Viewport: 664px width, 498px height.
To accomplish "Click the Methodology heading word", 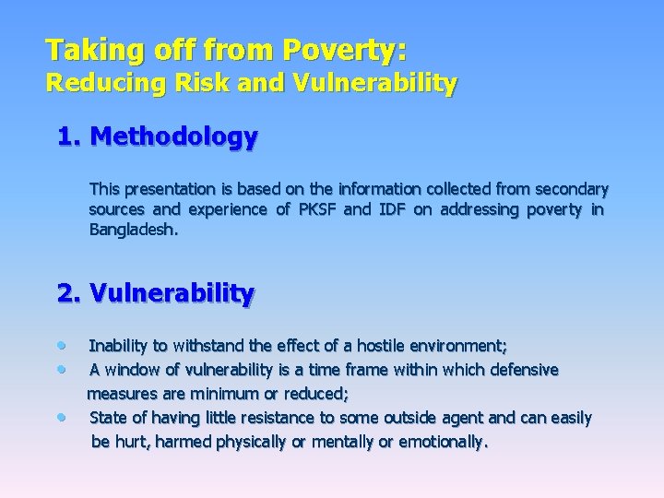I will (x=175, y=137).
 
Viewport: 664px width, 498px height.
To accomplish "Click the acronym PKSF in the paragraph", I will (x=318, y=209).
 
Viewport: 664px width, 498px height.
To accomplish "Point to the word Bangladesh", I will (x=134, y=230).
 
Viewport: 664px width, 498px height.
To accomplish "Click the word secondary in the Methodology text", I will (x=572, y=189).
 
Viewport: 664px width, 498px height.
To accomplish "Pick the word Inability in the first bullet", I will (x=118, y=347).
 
